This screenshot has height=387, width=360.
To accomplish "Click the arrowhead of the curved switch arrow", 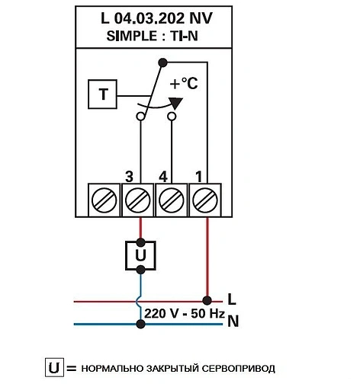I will [x=175, y=104].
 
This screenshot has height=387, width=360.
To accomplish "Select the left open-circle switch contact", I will [x=140, y=117].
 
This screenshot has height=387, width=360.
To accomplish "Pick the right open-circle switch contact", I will [x=172, y=117].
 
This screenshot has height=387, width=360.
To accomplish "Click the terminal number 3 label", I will [x=130, y=176].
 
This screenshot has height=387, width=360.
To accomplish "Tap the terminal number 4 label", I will [x=163, y=176].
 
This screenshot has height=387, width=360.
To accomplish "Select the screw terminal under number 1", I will [x=206, y=201].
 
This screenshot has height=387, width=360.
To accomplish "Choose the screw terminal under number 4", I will [x=172, y=201].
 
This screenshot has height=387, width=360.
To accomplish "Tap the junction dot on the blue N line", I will [x=140, y=324].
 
